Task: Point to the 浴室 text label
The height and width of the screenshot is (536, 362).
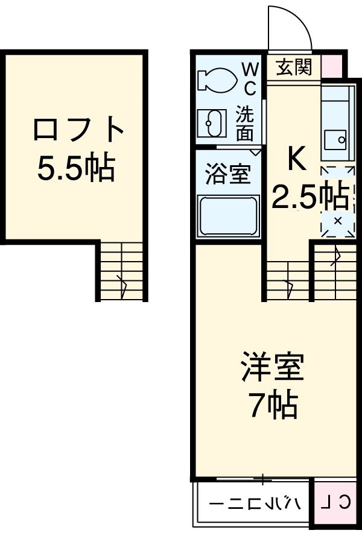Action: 227,175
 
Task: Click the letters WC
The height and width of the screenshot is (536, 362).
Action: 249,79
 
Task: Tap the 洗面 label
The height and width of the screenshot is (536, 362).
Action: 245,124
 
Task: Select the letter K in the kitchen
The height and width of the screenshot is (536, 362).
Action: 296,159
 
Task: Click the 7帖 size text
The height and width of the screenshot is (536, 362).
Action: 272,407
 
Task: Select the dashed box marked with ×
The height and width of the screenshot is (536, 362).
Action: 337,221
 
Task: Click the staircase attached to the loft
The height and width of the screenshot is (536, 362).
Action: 121,271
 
